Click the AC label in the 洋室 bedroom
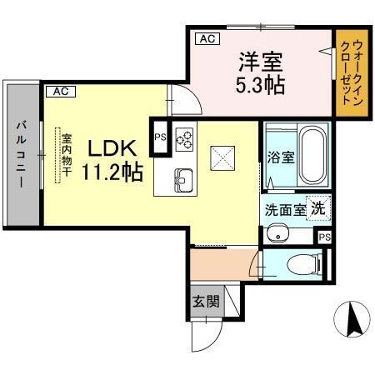point(207,38)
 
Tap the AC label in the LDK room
point(60,92)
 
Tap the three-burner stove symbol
point(183,137)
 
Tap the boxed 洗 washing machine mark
point(317,208)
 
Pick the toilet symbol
point(300,265)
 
